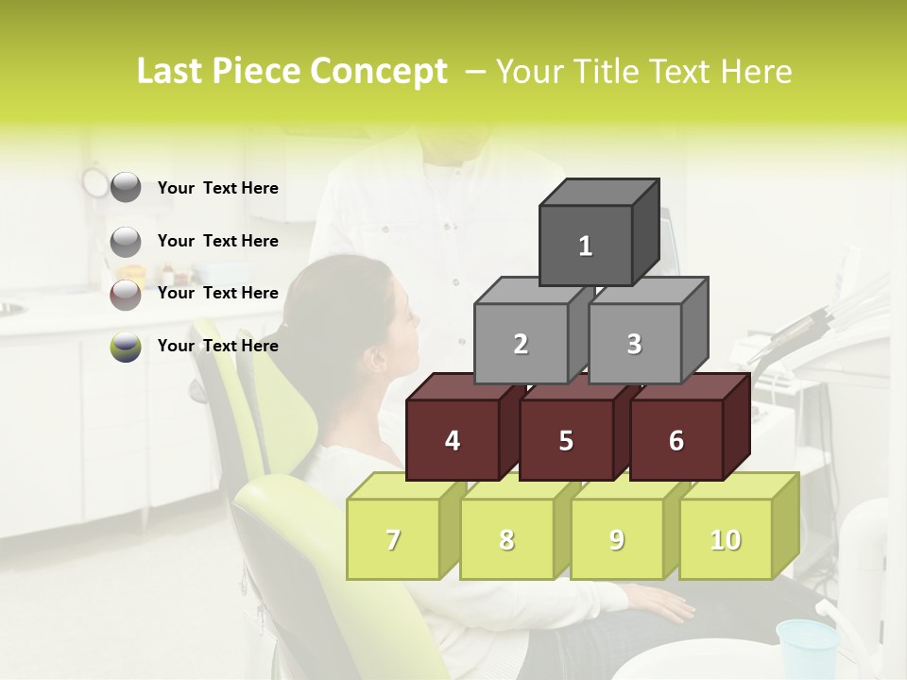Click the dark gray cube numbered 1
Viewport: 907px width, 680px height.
[586, 246]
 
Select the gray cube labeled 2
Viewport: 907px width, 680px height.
[521, 344]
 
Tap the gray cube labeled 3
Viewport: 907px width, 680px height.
[634, 344]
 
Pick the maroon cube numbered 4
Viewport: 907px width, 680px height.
[453, 440]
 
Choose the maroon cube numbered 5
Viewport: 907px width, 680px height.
[566, 440]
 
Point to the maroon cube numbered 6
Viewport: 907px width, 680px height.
[676, 440]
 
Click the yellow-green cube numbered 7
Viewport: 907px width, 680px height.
[393, 539]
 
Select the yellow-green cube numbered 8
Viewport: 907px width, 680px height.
[506, 539]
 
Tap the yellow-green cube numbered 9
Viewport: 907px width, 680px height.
[616, 539]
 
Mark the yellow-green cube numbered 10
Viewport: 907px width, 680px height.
[725, 539]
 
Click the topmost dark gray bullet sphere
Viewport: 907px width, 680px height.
[126, 188]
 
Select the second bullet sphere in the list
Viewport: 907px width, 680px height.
[126, 241]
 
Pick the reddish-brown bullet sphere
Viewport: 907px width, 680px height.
[126, 294]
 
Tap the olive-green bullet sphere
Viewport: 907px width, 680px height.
[126, 347]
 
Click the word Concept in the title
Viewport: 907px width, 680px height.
[379, 72]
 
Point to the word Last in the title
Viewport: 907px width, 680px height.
[173, 72]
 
